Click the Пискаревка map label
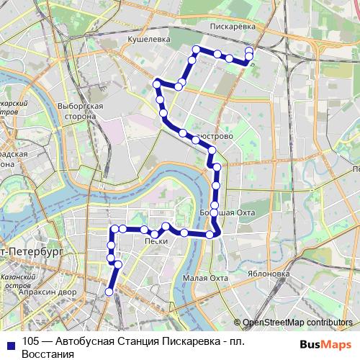[233, 26]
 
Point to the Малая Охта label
[205, 278]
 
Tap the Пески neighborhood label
[156, 241]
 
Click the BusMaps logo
[325, 343]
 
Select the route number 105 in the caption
[30, 342]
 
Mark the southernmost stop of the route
[109, 292]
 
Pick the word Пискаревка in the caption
[183, 342]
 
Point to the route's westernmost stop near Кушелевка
[156, 84]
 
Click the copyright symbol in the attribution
[238, 323]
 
